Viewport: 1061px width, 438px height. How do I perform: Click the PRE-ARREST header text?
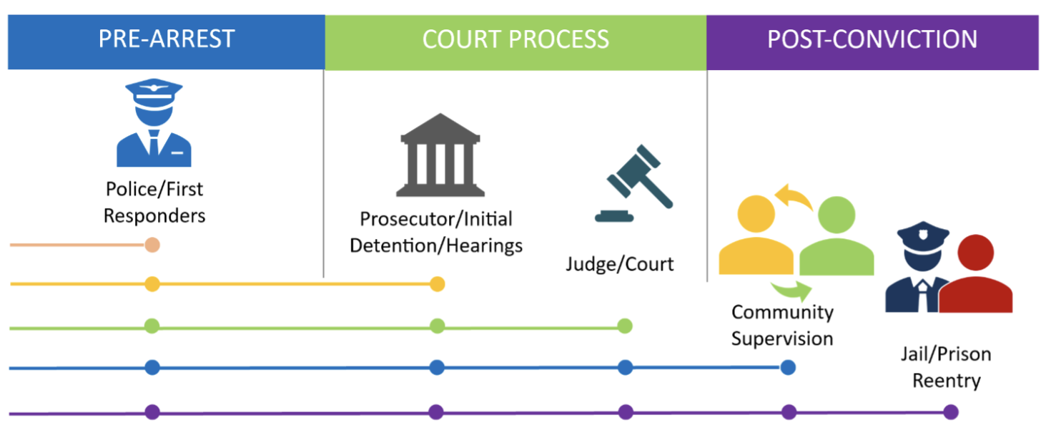coord(167,39)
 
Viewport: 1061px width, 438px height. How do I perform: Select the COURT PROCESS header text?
coord(515,39)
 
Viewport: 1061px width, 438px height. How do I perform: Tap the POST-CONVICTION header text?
coord(872,39)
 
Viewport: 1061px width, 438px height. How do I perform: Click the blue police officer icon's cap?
coord(154,92)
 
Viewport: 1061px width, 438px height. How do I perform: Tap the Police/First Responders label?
coord(154,202)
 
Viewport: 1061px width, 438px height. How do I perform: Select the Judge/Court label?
coord(620,264)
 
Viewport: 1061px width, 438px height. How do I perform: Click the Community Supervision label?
coord(782,325)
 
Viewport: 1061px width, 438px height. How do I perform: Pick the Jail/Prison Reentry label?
coord(945,367)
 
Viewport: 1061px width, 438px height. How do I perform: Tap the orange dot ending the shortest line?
coord(152,245)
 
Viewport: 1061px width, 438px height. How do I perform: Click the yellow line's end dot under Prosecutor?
coord(438,284)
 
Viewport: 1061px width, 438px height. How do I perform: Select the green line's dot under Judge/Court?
coord(625,326)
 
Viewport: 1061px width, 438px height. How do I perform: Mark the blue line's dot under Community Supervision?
coord(788,368)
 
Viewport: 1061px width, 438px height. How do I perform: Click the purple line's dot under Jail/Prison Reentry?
coord(950,412)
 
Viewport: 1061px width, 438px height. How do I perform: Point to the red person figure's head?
coord(974,253)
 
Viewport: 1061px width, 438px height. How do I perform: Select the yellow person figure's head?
coord(756,214)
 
